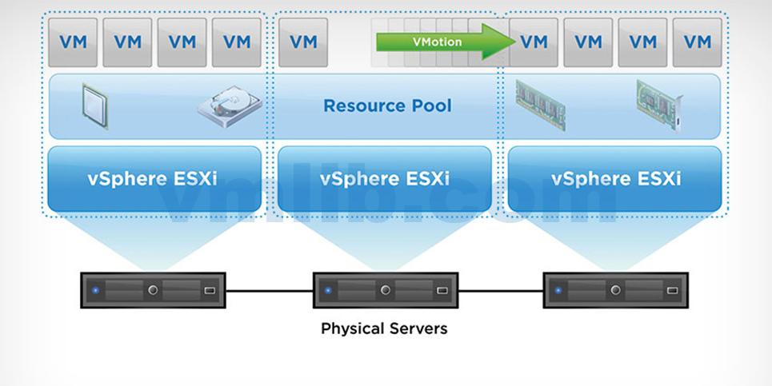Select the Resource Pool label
click(x=387, y=105)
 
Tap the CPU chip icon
click(x=95, y=105)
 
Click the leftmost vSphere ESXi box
click(x=153, y=178)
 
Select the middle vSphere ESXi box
click(x=384, y=178)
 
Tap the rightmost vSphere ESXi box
click(x=614, y=178)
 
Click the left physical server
click(x=153, y=290)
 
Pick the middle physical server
click(x=385, y=290)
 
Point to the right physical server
click(x=615, y=290)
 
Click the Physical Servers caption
click(x=384, y=328)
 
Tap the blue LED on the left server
click(x=96, y=290)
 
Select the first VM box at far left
click(x=73, y=42)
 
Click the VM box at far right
click(x=697, y=42)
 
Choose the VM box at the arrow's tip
click(x=534, y=42)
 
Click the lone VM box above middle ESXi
click(x=303, y=42)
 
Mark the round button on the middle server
click(x=385, y=290)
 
